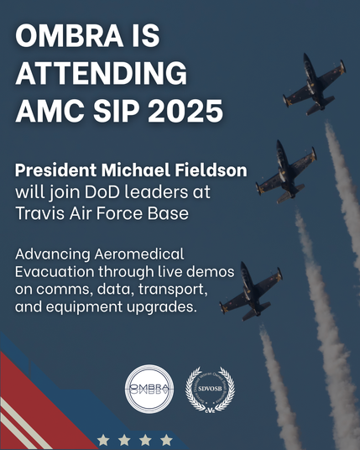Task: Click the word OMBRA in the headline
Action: [x=70, y=35]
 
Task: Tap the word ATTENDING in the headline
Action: [x=102, y=73]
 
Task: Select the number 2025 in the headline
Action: [x=185, y=111]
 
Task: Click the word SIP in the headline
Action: [x=117, y=111]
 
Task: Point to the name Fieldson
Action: [x=211, y=170]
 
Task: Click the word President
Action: [x=55, y=170]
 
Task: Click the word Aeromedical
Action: [x=139, y=254]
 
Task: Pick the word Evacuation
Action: [x=55, y=272]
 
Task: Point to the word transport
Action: [x=173, y=290]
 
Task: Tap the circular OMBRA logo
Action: [x=149, y=390]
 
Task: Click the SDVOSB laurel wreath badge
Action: [x=211, y=390]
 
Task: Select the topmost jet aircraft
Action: [x=315, y=84]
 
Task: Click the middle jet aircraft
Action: [x=286, y=171]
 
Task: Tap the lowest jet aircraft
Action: [x=251, y=291]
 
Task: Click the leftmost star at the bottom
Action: [x=103, y=439]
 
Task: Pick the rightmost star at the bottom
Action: [x=166, y=439]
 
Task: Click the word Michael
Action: [x=136, y=170]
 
